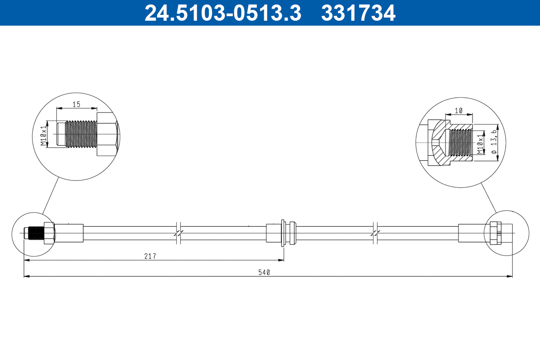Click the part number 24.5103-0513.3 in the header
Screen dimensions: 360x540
pos(222,13)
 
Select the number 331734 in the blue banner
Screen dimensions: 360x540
pos(358,13)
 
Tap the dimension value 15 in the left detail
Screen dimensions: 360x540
pos(76,104)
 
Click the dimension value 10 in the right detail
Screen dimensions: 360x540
pos(459,110)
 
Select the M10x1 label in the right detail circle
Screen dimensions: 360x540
pos(480,143)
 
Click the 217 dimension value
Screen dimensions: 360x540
pos(150,256)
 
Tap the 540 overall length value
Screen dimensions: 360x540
pos(264,272)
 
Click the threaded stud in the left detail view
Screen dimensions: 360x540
pos(80,134)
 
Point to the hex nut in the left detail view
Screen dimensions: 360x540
pos(108,134)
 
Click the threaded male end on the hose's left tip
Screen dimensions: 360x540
pos(35,233)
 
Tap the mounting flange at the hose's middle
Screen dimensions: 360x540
pos(282,233)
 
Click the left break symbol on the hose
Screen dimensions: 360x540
pos(179,233)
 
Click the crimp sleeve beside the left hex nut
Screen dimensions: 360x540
pos(69,233)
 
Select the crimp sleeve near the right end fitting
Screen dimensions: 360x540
pos(471,233)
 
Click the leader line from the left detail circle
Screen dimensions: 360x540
pos(50,196)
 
